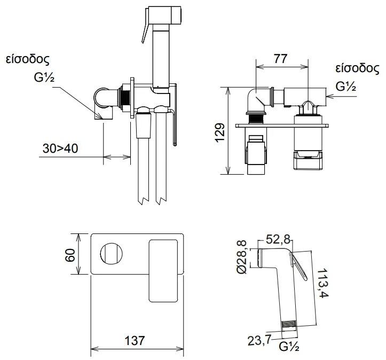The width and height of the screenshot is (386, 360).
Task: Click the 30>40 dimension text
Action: [x=60, y=148]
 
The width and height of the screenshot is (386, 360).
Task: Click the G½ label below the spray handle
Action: [x=289, y=347]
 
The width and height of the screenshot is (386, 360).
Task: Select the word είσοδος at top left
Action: [x=28, y=59]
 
